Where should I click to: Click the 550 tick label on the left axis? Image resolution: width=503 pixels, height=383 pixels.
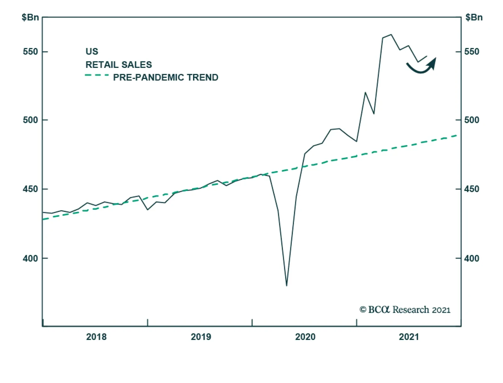pyautogui.click(x=30, y=52)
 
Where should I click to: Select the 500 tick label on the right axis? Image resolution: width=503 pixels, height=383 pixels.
pyautogui.click(x=472, y=120)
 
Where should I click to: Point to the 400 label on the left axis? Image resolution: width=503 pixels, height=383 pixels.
pyautogui.click(x=30, y=258)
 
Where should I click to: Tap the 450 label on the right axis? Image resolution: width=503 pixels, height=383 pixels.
pyautogui.click(x=472, y=189)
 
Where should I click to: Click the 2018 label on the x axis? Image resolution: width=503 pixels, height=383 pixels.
pyautogui.click(x=96, y=337)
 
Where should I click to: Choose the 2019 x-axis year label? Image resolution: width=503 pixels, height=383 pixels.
pyautogui.click(x=201, y=337)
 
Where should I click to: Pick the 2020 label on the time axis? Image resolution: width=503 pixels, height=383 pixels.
pyautogui.click(x=305, y=337)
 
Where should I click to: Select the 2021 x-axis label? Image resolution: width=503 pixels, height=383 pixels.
pyautogui.click(x=409, y=337)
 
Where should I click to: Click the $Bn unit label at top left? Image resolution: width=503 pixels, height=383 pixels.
pyautogui.click(x=30, y=17)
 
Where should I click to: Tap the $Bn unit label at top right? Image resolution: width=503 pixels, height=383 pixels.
pyautogui.click(x=474, y=17)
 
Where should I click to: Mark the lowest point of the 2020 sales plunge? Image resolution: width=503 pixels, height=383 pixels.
pyautogui.click(x=286, y=286)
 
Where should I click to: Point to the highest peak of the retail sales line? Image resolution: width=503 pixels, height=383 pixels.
pyautogui.click(x=391, y=35)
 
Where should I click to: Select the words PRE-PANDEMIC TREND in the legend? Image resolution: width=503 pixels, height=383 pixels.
pyautogui.click(x=166, y=77)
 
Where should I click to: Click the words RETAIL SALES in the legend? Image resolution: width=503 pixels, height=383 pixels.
pyautogui.click(x=119, y=65)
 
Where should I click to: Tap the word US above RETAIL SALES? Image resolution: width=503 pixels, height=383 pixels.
pyautogui.click(x=92, y=51)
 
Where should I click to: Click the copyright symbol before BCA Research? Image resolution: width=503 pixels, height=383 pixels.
pyautogui.click(x=363, y=310)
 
